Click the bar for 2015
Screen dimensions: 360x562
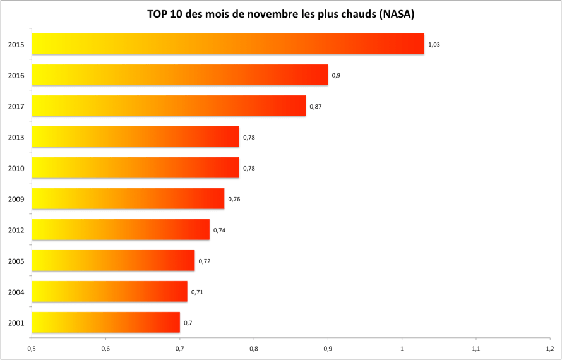(x=227, y=44)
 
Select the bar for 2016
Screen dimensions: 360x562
(x=180, y=75)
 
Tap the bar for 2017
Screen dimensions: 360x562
(x=169, y=106)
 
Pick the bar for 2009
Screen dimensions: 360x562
(x=128, y=199)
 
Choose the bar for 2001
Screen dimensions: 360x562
(x=105, y=323)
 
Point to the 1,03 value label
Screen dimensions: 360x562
(x=434, y=45)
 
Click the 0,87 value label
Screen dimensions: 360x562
(x=316, y=106)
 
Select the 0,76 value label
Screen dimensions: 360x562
(x=234, y=199)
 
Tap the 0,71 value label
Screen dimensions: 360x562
(x=197, y=292)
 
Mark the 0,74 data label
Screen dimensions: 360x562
(x=219, y=230)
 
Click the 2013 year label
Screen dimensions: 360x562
(x=16, y=137)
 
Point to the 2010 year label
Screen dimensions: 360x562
(x=16, y=168)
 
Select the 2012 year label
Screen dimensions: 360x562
(x=16, y=230)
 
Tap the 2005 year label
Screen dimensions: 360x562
(x=16, y=261)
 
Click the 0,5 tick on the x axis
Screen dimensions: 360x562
(x=32, y=347)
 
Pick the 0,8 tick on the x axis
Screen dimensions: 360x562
(x=254, y=347)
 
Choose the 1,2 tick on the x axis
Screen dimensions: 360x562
(x=549, y=347)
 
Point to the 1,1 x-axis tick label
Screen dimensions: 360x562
(x=475, y=347)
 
